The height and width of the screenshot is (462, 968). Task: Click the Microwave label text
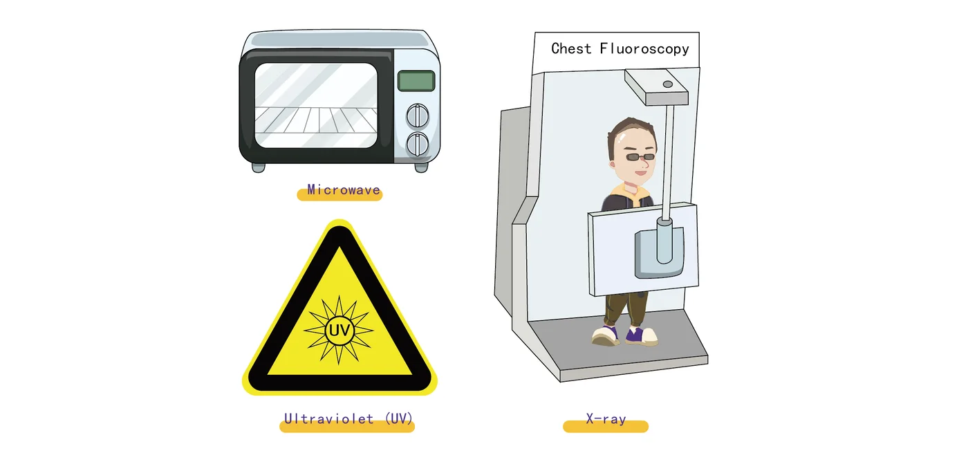pos(344,190)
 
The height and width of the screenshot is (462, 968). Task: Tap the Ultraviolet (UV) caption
pos(348,418)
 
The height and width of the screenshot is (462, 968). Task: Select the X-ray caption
pos(606,418)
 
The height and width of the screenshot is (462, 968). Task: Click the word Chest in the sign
pos(571,48)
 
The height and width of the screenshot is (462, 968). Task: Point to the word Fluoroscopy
pos(644,49)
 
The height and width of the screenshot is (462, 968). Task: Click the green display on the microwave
pos(416,81)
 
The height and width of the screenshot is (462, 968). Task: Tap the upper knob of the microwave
pos(418,115)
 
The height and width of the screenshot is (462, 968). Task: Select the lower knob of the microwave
pos(418,145)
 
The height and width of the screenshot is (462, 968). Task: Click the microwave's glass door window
pos(316,105)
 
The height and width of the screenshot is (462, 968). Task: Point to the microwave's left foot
pos(259,167)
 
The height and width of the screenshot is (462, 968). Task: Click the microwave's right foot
pos(421,167)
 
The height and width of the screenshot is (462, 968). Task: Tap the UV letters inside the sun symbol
pos(339,331)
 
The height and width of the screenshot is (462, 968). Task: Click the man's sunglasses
pos(640,157)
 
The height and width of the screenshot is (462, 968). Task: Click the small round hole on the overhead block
pos(668,84)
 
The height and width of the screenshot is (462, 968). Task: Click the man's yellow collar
pos(631,193)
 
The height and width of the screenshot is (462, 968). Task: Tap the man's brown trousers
pos(626,310)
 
